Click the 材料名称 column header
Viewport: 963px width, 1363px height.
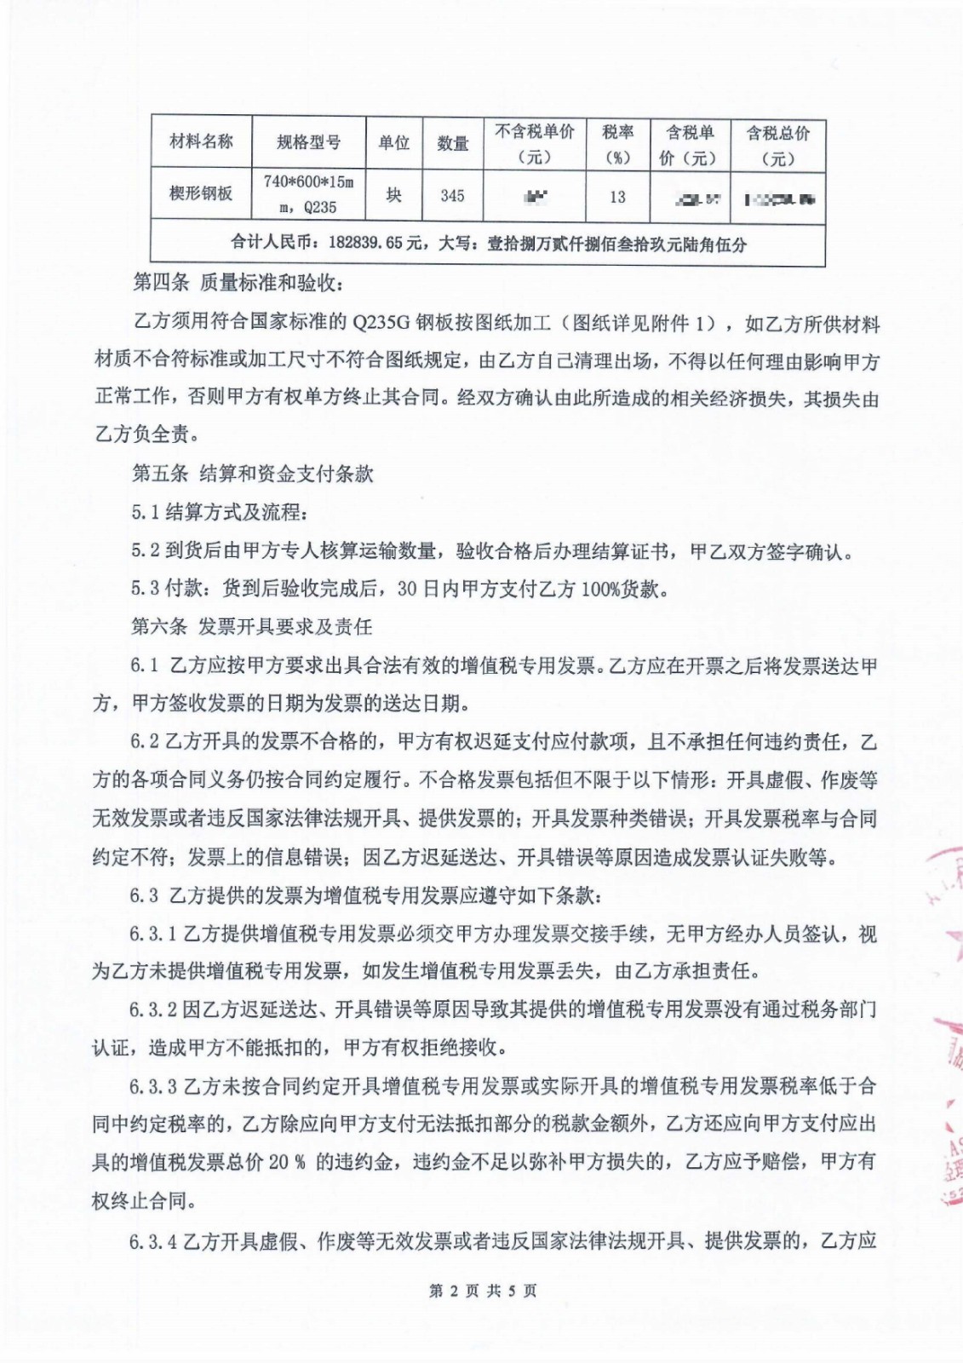[x=201, y=141]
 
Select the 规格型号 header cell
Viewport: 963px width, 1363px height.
[x=308, y=142]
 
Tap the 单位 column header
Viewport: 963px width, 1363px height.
[x=393, y=142]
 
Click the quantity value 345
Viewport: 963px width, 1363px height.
[x=452, y=196]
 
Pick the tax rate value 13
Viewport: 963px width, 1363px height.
[x=617, y=197]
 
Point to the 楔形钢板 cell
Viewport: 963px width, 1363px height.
[x=201, y=193]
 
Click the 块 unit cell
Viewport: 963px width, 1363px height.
[x=393, y=195]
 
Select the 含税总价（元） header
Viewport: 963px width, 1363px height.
[x=778, y=145]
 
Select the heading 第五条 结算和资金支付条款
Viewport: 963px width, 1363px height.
[x=252, y=474]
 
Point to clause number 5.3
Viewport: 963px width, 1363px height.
[x=146, y=589]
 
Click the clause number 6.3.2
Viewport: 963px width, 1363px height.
[x=153, y=1009]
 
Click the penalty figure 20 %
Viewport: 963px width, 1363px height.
[x=287, y=1162]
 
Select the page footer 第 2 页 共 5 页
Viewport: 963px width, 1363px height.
[x=483, y=1291]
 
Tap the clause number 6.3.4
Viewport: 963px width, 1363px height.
[x=153, y=1241]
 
